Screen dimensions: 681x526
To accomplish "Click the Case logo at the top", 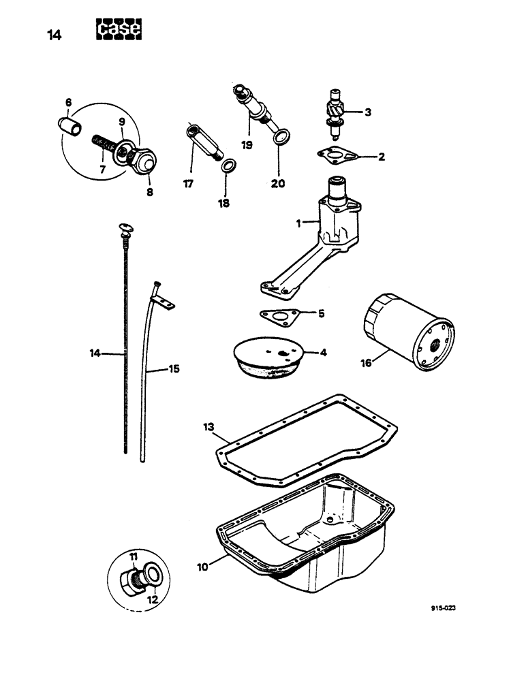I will click(119, 29).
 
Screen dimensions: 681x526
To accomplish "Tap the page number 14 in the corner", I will click(55, 36).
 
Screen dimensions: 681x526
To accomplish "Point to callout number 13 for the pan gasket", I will click(208, 426).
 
